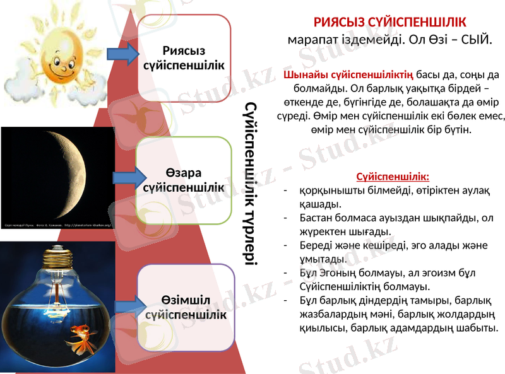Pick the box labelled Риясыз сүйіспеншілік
click(x=184, y=58)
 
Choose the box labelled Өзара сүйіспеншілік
click(x=184, y=180)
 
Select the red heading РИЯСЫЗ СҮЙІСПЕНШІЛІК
click(x=390, y=21)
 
